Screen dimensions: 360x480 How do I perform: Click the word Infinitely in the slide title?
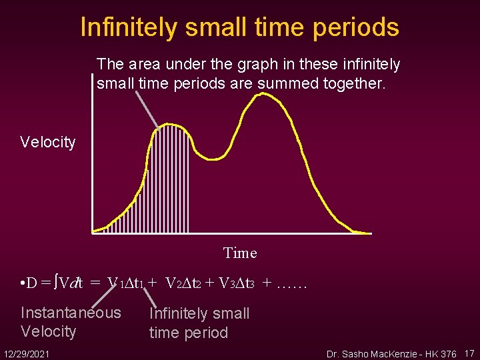[126, 27]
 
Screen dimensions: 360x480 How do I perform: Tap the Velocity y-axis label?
[47, 142]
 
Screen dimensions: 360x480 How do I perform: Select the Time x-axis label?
[240, 253]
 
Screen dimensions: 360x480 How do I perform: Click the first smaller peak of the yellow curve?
[171, 125]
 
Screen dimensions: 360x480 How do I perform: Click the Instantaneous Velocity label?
[71, 321]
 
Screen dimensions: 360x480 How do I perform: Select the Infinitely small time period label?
[199, 323]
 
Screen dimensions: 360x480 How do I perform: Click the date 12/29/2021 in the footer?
[26, 353]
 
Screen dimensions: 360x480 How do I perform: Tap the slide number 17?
[469, 353]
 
